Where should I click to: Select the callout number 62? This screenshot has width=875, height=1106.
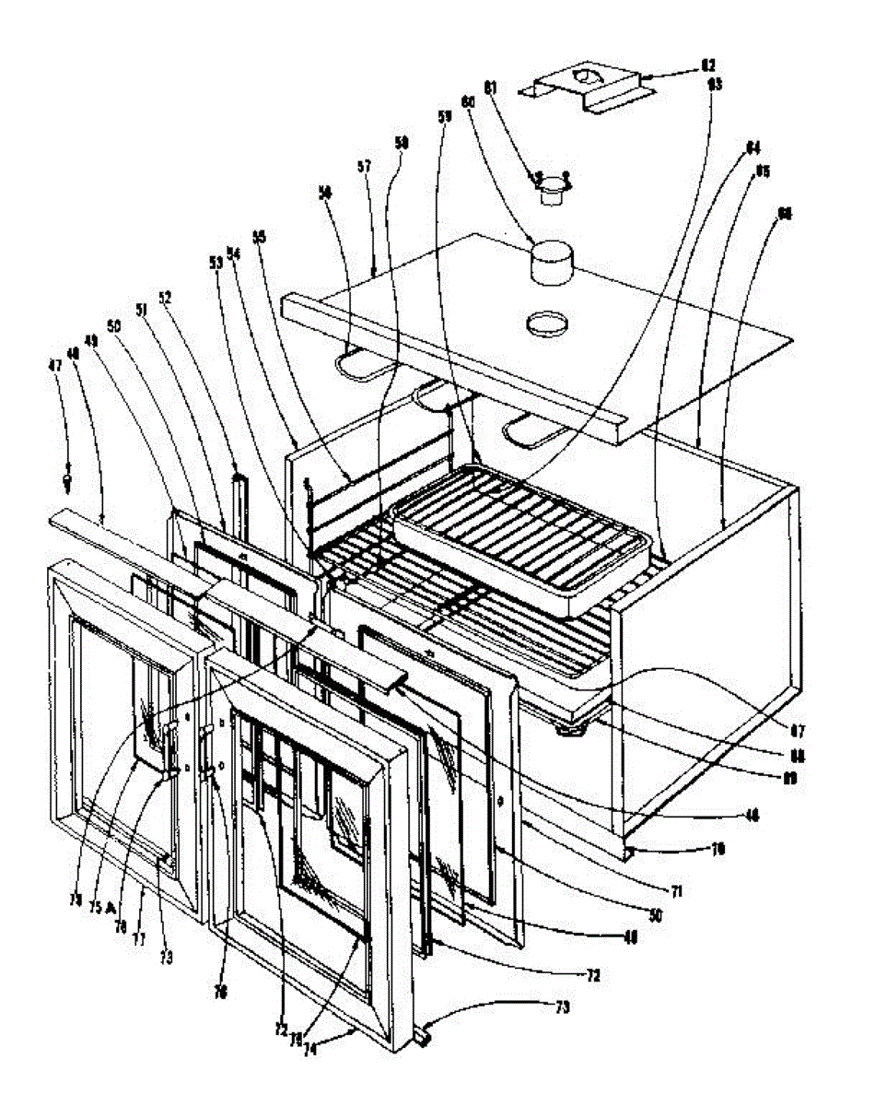point(707,65)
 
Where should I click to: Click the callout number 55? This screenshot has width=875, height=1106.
point(260,237)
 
